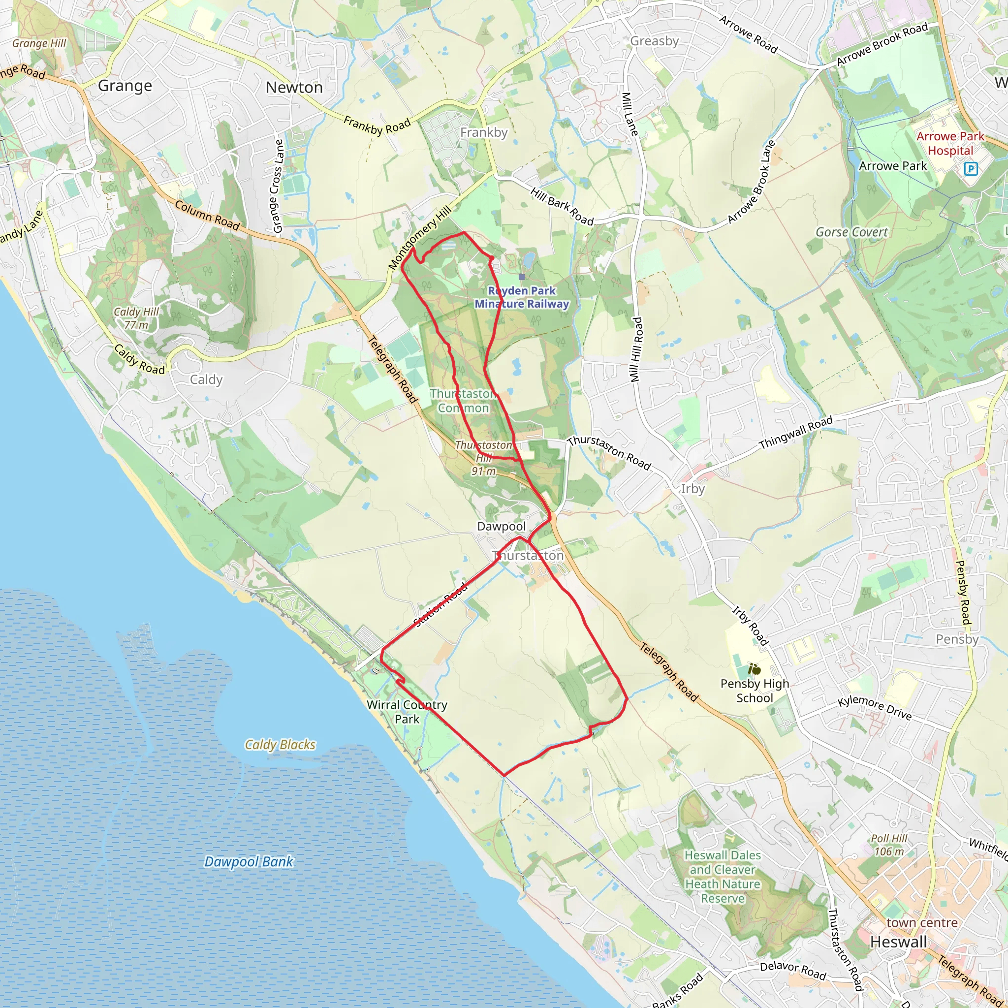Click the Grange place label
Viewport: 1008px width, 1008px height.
(x=125, y=86)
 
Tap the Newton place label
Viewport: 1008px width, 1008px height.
(x=294, y=87)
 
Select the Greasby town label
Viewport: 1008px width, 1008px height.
(x=654, y=41)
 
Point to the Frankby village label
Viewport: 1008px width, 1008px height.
(x=484, y=132)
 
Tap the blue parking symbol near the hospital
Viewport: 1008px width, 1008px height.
(x=971, y=168)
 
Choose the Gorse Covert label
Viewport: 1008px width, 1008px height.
(x=851, y=232)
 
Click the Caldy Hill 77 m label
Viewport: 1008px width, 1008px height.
(x=136, y=318)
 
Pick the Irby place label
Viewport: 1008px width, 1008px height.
(x=693, y=489)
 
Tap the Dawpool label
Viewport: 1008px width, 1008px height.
(x=502, y=527)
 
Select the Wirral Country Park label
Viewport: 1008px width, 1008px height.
(x=407, y=712)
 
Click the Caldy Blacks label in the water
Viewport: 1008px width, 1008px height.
(x=280, y=745)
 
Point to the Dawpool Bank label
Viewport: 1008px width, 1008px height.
(x=249, y=861)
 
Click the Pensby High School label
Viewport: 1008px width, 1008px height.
(x=755, y=690)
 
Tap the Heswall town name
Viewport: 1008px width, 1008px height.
(x=898, y=942)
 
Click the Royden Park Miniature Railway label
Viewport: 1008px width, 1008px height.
(x=522, y=297)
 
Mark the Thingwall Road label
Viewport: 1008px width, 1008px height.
(x=796, y=433)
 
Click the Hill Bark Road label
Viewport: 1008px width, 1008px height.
(x=562, y=207)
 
